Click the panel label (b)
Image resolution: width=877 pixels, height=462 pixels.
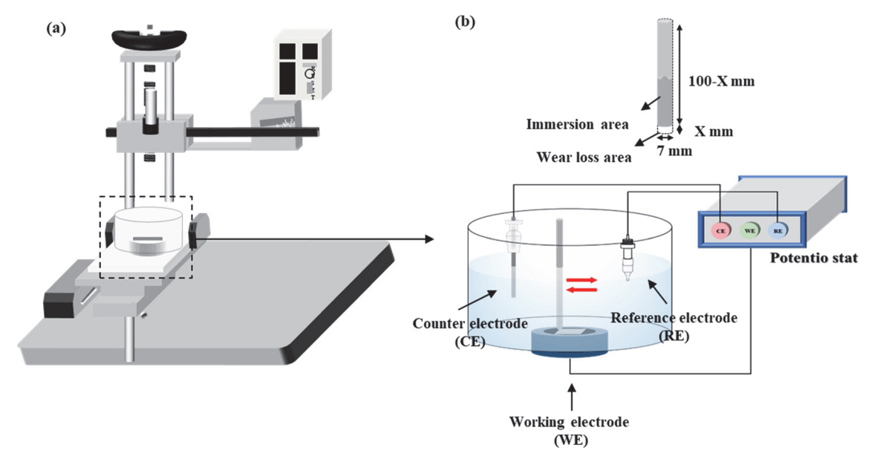coord(466,22)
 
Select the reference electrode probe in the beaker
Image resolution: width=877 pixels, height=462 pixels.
coord(627,257)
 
